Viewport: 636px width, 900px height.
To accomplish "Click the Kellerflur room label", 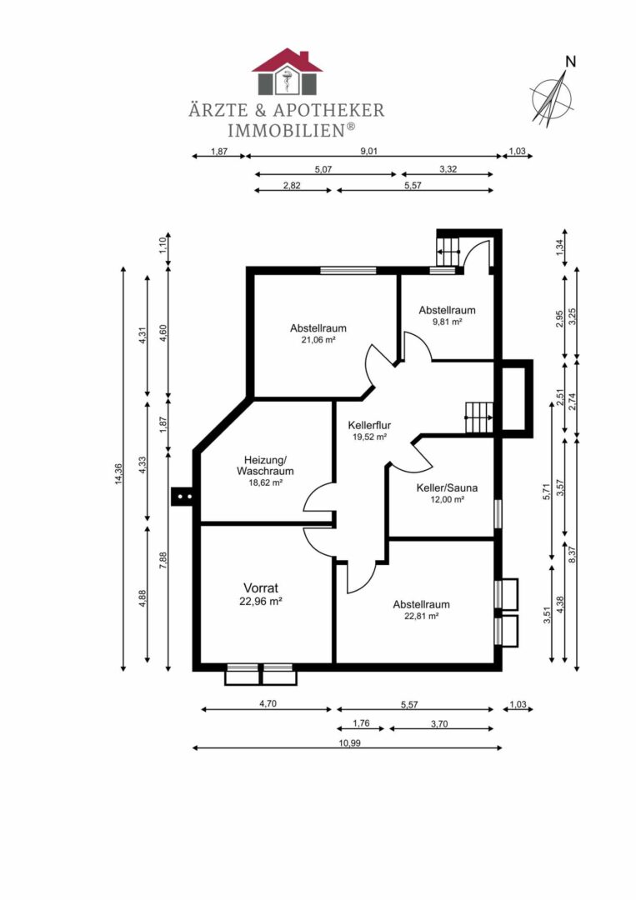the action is point(369,425).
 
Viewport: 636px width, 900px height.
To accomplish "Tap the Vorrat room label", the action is point(261,588).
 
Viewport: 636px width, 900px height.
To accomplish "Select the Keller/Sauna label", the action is point(447,488).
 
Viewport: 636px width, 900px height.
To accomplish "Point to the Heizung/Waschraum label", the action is point(265,466).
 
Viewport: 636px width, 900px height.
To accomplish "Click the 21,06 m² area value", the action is point(318,340).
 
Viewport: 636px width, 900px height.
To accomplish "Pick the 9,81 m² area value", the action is point(447,322).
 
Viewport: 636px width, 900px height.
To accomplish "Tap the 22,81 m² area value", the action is point(422,616).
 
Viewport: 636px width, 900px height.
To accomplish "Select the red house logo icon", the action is point(287,72).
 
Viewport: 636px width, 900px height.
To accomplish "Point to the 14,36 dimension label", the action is point(119,474).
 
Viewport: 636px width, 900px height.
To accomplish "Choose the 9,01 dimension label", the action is point(368,152).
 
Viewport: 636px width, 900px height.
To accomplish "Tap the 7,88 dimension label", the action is point(163,560).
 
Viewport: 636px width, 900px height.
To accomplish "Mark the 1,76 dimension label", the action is point(361,724).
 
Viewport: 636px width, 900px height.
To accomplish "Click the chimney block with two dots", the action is point(183,495).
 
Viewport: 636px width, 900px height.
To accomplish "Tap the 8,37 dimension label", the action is point(573,555).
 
